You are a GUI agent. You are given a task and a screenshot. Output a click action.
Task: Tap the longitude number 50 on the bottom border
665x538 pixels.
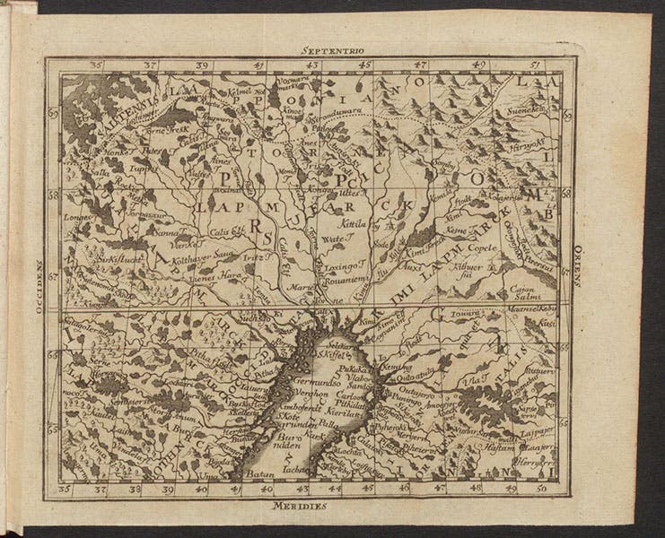click(540, 490)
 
